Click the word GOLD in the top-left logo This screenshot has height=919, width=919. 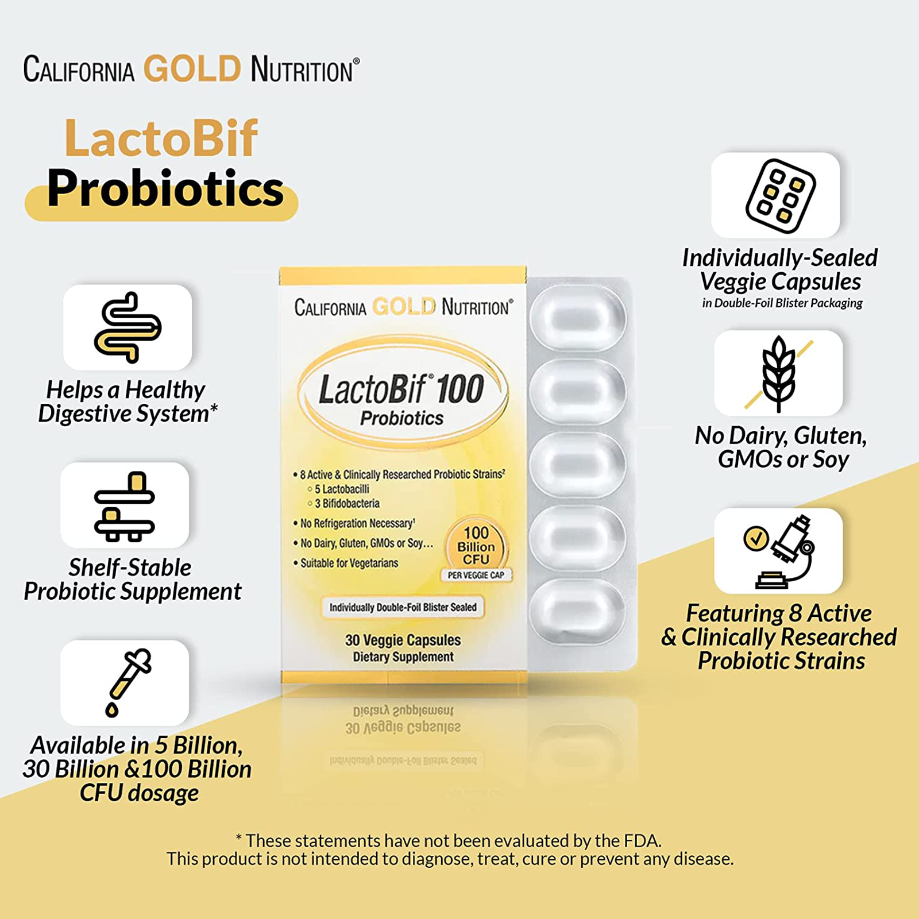pyautogui.click(x=192, y=69)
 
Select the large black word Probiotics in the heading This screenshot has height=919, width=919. pyautogui.click(x=165, y=188)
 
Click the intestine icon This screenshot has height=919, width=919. pyautogui.click(x=128, y=327)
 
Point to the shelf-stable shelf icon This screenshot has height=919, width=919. pyautogui.click(x=125, y=506)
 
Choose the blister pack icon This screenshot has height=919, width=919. pyautogui.click(x=781, y=196)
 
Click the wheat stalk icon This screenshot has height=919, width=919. pyautogui.click(x=779, y=374)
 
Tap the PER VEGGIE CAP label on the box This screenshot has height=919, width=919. pyautogui.click(x=476, y=575)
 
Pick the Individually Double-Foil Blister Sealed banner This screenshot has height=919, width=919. pyautogui.click(x=403, y=607)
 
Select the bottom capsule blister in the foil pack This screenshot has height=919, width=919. pyautogui.click(x=577, y=610)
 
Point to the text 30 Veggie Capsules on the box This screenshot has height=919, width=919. pyautogui.click(x=403, y=640)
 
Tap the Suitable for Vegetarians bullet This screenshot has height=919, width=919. pyautogui.click(x=346, y=563)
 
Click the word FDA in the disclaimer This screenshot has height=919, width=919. pyautogui.click(x=642, y=841)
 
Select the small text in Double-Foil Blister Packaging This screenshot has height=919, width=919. pyautogui.click(x=782, y=303)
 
